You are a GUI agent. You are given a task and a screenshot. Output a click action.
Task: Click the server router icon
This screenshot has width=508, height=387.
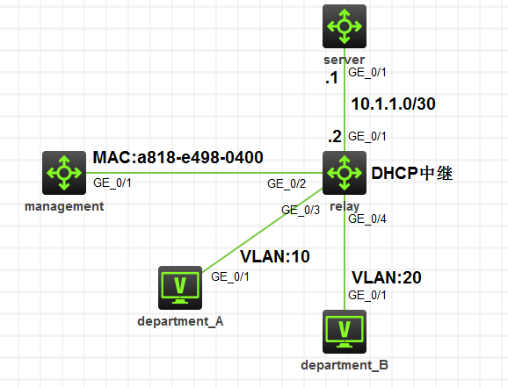tap(344, 27)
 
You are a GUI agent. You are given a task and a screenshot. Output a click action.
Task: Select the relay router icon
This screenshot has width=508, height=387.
tap(344, 173)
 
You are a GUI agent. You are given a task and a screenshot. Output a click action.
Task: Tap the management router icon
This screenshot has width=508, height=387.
tap(65, 173)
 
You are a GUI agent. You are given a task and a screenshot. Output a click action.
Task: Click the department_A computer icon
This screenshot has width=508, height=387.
tap(181, 287)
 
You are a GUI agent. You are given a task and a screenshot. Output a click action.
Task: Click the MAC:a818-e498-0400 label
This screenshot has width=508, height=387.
tap(178, 157)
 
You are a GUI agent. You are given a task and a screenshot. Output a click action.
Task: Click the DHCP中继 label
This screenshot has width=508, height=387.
tap(413, 174)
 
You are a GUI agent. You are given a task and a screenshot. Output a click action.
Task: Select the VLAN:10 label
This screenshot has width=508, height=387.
tap(276, 256)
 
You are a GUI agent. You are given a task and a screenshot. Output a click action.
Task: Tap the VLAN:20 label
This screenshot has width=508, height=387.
tap(388, 277)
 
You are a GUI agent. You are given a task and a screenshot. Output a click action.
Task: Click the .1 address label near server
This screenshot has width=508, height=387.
tap(331, 79)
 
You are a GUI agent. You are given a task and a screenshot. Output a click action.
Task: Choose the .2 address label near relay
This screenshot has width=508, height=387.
tap(333, 137)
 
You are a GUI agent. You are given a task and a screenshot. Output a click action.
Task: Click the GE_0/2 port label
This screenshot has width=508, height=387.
tap(286, 184)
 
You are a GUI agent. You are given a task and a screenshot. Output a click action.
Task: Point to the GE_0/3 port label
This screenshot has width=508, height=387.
tap(300, 210)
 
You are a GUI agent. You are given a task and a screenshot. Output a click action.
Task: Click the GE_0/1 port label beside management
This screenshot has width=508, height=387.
tap(112, 183)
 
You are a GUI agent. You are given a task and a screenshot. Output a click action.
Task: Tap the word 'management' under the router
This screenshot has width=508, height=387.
tap(64, 207)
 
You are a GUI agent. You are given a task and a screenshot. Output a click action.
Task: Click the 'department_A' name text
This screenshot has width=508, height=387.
tap(180, 321)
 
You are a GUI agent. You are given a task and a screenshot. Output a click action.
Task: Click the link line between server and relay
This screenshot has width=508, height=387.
tap(344, 105)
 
